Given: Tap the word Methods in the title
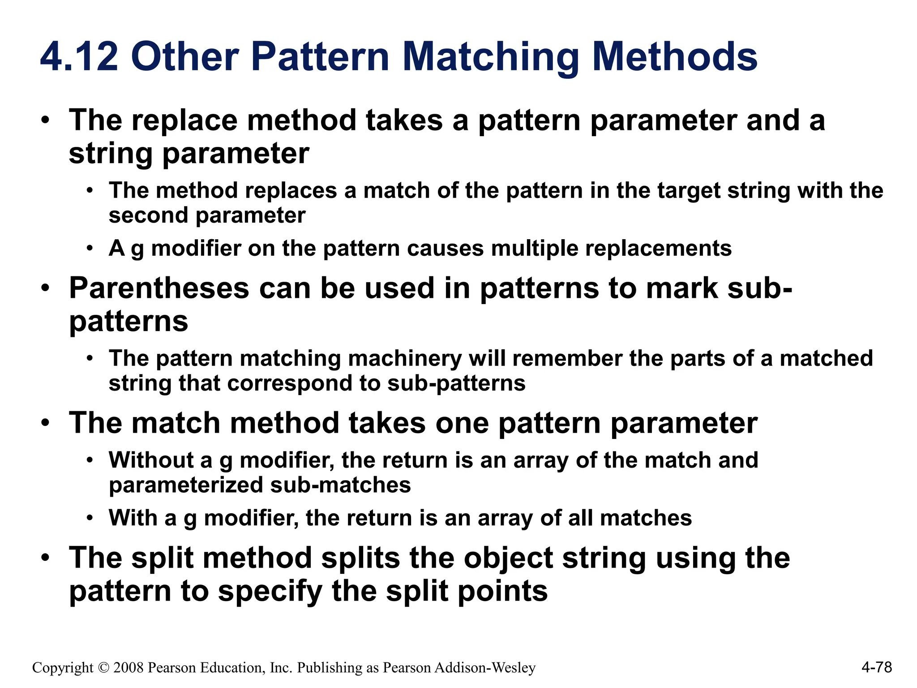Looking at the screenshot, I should pos(675,57).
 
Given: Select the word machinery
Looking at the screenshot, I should pos(404,358).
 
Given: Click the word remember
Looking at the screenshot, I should pos(567,358).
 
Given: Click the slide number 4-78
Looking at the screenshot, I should pos(876,667).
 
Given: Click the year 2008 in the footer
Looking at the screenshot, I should pos(129,668).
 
